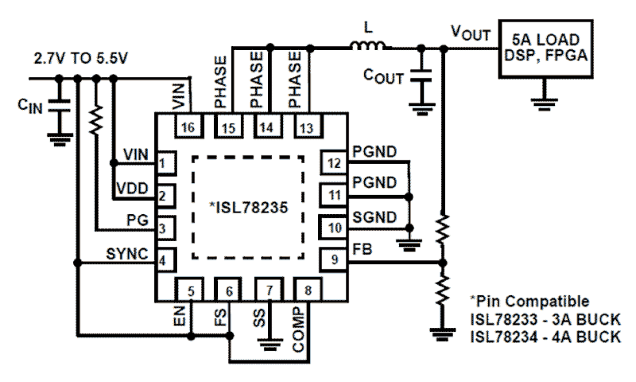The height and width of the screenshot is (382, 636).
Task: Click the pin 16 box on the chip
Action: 188,127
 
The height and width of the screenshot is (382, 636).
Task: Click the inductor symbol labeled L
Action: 368,47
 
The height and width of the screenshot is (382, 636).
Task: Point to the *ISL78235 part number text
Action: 248,208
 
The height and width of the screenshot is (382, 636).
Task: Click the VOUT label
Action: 470,35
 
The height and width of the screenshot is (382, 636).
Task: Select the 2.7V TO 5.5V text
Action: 82,57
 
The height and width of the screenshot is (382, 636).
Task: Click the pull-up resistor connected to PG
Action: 95,120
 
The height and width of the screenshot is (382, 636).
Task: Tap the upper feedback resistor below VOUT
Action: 443,228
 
